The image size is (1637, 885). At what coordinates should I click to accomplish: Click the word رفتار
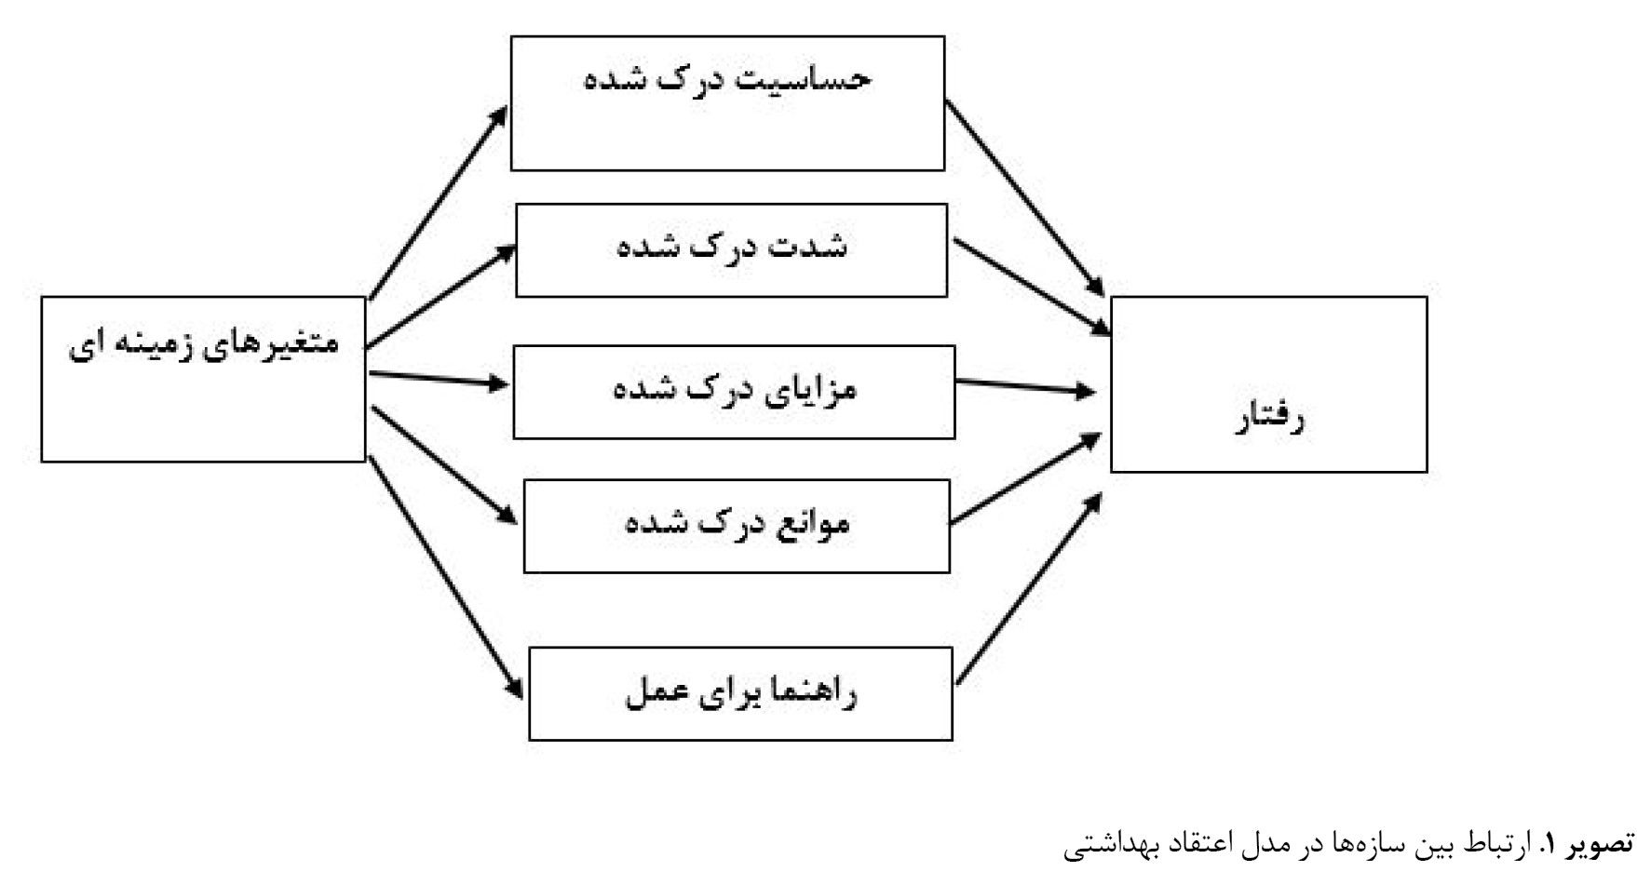(1269, 419)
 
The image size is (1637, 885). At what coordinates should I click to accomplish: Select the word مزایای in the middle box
(808, 389)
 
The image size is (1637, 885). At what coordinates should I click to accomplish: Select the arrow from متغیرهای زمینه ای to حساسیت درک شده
(438, 203)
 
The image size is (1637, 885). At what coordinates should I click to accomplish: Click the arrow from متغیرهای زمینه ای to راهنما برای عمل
(445, 577)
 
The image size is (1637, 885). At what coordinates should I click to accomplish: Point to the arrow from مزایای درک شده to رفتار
(1025, 386)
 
